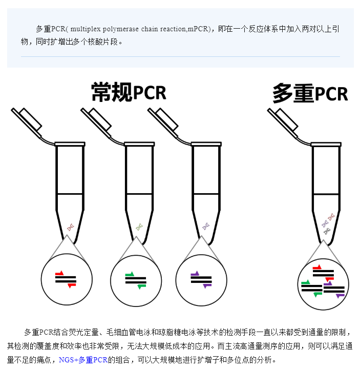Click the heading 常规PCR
pos(129,92)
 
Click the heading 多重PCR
pos(310,94)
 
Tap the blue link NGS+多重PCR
pos(83,360)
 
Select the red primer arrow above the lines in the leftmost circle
pos(59,273)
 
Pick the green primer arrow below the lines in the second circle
pos(142,286)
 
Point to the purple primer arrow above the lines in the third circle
pos(195,274)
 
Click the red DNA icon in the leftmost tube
pos(70,227)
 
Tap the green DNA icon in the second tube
pos(139,227)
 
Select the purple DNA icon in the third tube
pos(206,227)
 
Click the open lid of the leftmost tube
pos(27,122)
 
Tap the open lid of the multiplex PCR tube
pos(283,122)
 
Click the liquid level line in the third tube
pos(206,194)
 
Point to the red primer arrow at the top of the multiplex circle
pos(317,268)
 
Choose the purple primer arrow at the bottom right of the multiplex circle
pos(340,296)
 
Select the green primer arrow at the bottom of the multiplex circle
pos(318,295)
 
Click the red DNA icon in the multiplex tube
pos(331,217)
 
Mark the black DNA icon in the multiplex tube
pos(327,232)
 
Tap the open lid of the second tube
pos(96,122)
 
